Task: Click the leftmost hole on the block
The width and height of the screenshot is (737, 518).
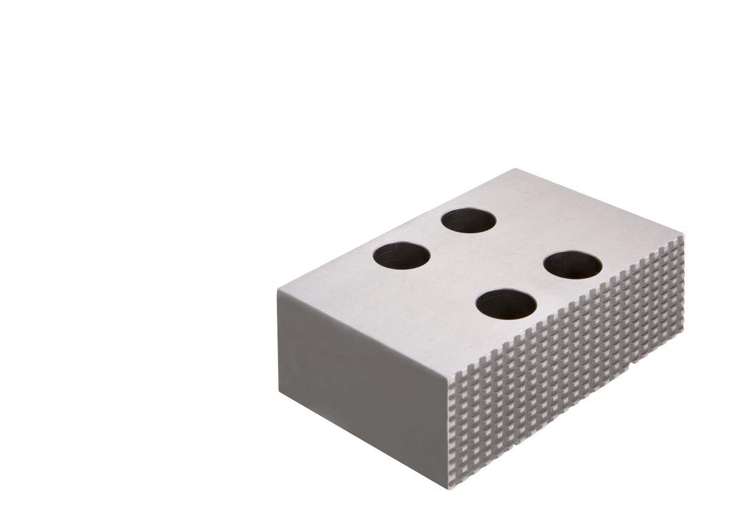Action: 400,256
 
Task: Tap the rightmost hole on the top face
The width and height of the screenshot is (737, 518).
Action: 572,265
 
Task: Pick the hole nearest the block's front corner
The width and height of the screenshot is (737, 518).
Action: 506,304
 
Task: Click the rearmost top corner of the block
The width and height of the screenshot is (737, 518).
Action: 515,169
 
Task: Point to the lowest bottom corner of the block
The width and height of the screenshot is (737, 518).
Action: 450,488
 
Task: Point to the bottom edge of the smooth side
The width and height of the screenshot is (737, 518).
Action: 362,439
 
